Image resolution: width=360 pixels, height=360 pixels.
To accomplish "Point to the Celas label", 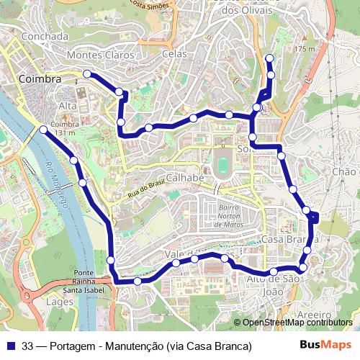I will [174, 54].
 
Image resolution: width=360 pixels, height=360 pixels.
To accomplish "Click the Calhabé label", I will [186, 177].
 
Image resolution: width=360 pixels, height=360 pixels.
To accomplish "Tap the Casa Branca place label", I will [289, 238].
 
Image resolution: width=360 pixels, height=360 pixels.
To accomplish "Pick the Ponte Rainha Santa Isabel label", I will [84, 282].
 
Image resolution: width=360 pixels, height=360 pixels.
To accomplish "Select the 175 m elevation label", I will [305, 48].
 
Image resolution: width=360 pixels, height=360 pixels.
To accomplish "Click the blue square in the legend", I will [10, 346].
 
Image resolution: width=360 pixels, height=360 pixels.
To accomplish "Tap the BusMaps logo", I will [325, 345].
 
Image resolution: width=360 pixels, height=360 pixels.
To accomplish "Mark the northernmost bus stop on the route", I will [269, 58].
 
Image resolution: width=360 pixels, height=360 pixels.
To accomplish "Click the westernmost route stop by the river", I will [43, 130].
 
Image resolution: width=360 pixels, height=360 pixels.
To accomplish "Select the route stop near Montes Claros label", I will [87, 73].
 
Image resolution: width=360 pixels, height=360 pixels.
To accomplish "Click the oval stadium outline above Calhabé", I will [223, 163].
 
